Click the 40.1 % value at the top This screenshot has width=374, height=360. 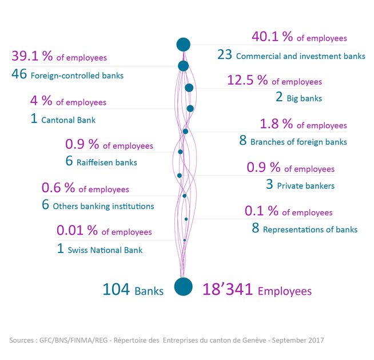coord(272,37)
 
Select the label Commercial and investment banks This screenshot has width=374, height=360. coord(300,56)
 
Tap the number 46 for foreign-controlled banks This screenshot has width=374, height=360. coord(18,74)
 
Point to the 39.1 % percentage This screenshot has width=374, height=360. coord(31,57)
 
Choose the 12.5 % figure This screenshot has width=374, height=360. coord(248,81)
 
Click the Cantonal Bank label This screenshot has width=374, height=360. coord(68,120)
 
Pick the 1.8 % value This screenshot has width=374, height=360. coord(277,124)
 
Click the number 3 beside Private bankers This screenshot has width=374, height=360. coord(269,185)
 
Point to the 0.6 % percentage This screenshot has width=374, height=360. coord(58,188)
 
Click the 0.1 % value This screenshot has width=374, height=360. coord(262,212)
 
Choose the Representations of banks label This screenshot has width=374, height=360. coord(310,230)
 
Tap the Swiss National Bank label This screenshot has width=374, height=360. coord(105,250)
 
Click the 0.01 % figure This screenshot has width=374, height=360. coord(77,231)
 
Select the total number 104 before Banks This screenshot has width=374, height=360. coord(116,290)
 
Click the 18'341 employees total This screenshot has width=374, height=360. coord(229,290)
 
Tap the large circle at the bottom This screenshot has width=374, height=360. coord(183,287)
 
